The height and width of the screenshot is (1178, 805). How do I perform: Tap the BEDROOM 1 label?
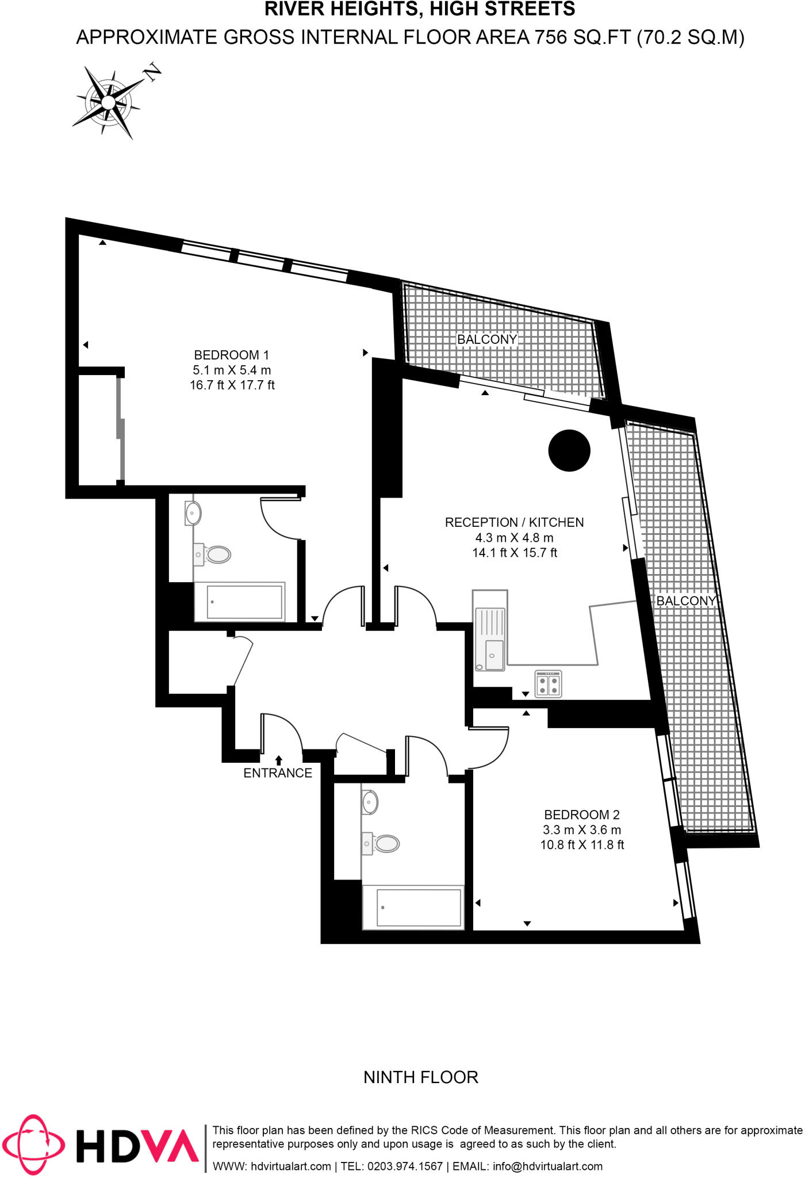click(x=231, y=355)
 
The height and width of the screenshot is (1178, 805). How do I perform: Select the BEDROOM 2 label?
click(x=581, y=814)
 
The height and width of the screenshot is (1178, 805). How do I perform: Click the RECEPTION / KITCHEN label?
click(x=514, y=522)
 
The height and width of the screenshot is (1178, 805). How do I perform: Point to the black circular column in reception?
click(x=569, y=451)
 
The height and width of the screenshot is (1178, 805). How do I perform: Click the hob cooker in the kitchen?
click(x=548, y=684)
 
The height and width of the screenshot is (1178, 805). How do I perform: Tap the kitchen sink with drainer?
click(x=490, y=631)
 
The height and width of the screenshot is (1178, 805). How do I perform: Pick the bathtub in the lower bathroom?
click(x=413, y=908)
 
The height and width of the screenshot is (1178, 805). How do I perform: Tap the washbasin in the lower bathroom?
click(x=370, y=802)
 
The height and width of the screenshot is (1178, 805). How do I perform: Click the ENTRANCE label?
click(x=278, y=773)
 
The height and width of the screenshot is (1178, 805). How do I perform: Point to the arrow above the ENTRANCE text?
click(x=279, y=760)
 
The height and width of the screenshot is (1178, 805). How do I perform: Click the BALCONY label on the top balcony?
click(x=487, y=339)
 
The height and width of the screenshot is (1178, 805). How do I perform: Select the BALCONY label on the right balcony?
click(x=686, y=601)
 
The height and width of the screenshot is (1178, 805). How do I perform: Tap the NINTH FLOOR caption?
click(x=421, y=1077)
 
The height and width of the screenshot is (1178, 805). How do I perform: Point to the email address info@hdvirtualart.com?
click(x=547, y=1166)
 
